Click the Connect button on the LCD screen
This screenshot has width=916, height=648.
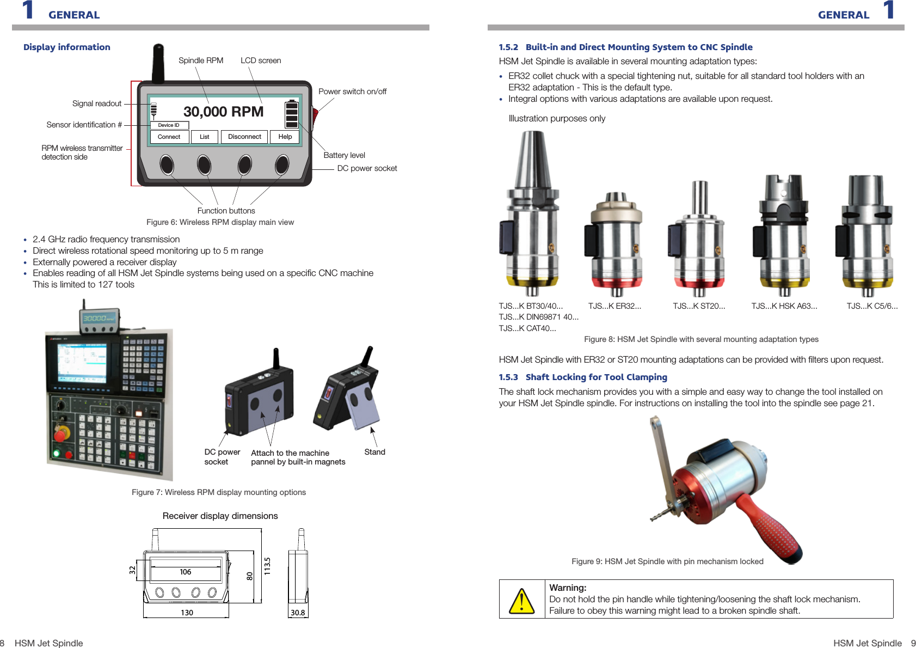tap(169, 137)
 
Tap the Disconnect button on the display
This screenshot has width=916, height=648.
tap(244, 137)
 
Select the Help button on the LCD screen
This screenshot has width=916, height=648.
tap(285, 137)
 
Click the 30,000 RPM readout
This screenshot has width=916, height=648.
tap(223, 112)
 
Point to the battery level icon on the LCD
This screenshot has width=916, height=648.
tap(292, 114)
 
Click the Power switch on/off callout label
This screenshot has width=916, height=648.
tap(352, 91)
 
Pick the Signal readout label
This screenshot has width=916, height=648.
tap(97, 103)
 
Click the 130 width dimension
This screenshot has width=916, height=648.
tap(187, 613)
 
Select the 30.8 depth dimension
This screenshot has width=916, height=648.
tap(298, 613)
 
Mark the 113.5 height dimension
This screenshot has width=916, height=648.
tap(267, 566)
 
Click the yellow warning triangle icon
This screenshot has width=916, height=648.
tap(521, 600)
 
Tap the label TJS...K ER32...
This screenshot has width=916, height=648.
tap(614, 306)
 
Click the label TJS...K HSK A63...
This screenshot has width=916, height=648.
tap(784, 306)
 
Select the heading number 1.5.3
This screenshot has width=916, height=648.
tap(508, 377)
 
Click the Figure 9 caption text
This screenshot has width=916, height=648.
tap(667, 561)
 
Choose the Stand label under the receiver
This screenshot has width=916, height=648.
tap(374, 452)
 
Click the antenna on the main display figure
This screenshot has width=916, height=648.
tap(158, 63)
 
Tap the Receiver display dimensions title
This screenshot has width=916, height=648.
tap(220, 516)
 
